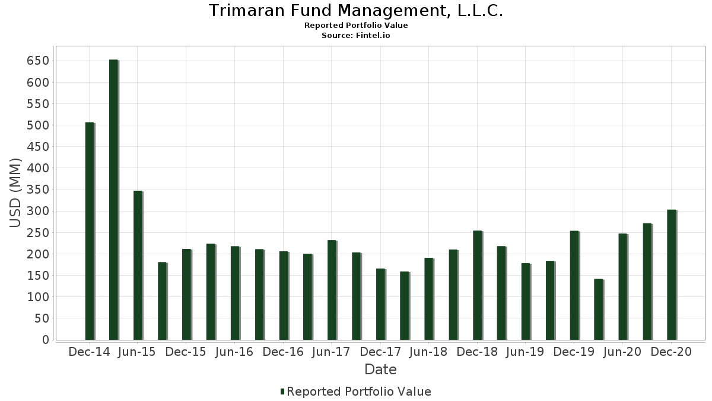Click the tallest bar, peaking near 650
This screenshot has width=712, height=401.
[114, 200]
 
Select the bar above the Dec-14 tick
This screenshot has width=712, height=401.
[90, 231]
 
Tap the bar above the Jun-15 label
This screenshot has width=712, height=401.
[138, 266]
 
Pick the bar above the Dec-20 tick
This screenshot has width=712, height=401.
[672, 275]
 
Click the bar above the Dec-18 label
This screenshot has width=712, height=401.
[478, 286]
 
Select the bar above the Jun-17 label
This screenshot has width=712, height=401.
[332, 291]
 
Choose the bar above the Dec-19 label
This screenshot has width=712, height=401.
[575, 286]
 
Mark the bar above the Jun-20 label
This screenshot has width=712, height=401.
[624, 287]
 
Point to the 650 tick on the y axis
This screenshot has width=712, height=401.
[38, 61]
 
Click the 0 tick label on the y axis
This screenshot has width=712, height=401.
[46, 340]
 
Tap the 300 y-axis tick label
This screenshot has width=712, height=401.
[38, 211]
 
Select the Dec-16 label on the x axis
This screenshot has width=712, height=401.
[283, 352]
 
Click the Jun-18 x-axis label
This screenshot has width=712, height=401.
[428, 352]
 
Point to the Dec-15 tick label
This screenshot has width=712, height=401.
[186, 352]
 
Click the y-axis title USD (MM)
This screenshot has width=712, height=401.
[15, 193]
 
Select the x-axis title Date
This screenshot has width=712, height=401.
[380, 370]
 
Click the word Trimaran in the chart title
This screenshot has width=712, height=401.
[247, 11]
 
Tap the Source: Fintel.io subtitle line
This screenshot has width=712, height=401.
[356, 35]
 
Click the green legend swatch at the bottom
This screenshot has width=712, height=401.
[282, 391]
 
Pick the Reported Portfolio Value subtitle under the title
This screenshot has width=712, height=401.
[356, 26]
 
